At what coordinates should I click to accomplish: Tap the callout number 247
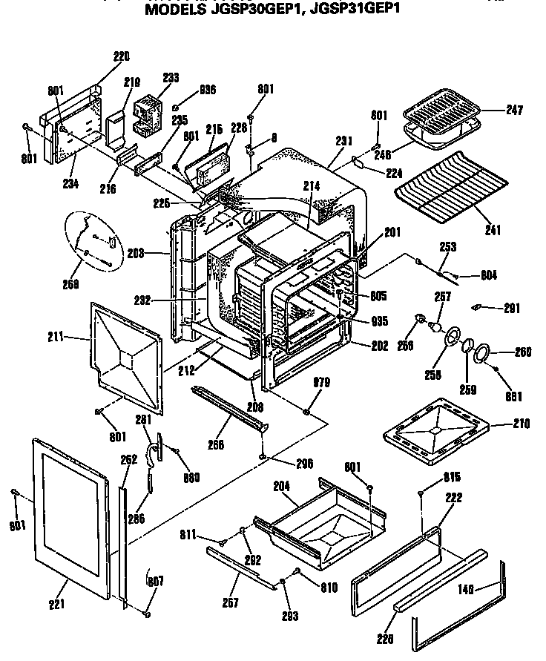coord(514,111)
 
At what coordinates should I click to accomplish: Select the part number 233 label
coord(171,76)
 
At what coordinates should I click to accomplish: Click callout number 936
coord(207,91)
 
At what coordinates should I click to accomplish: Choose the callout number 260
coord(522,353)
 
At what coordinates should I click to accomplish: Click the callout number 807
coord(155,582)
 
